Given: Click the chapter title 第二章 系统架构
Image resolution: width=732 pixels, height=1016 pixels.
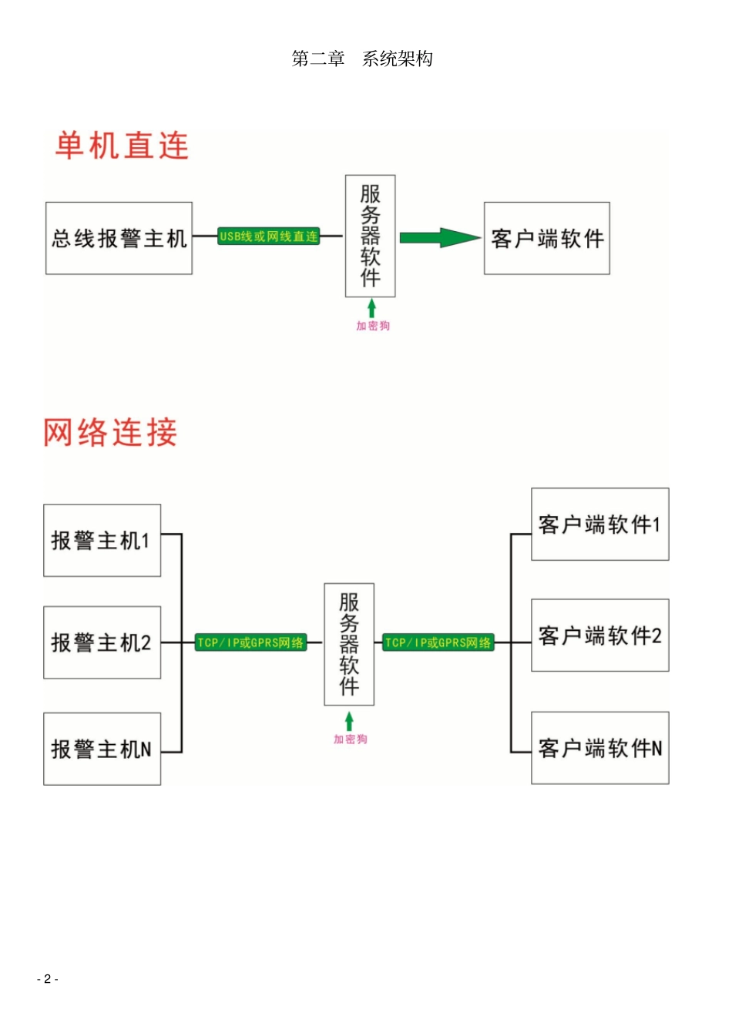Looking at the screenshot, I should click(x=362, y=59).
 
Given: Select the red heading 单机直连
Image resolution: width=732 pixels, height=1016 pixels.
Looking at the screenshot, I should click(x=122, y=146).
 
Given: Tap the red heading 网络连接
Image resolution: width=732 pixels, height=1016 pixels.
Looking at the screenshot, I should click(x=110, y=432).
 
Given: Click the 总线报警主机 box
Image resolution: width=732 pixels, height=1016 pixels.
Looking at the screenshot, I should click(x=119, y=238).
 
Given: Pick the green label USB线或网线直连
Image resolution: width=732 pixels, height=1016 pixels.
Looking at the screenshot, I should click(x=268, y=236).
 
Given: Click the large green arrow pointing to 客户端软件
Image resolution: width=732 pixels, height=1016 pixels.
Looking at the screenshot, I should click(x=439, y=237).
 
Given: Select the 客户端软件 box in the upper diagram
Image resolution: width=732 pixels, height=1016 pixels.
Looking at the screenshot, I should click(x=546, y=238).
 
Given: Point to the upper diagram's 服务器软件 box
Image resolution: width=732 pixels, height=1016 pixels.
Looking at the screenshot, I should click(x=370, y=236).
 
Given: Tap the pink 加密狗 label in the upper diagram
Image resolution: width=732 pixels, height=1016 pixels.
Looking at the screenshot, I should click(x=373, y=326).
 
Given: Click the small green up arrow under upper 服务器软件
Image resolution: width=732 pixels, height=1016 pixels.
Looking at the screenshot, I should click(x=371, y=308).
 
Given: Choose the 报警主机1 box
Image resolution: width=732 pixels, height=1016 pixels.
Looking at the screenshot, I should click(x=102, y=540).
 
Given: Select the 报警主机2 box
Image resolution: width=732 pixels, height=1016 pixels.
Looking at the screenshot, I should click(x=102, y=642).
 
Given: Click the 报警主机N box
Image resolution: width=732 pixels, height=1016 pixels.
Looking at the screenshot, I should click(x=102, y=749).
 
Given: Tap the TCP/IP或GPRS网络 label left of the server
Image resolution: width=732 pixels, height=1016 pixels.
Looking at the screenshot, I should click(x=250, y=642).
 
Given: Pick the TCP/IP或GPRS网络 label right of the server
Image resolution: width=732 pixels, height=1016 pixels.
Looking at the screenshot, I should click(x=438, y=642).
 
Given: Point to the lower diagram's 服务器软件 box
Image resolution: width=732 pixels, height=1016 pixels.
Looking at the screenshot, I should click(x=349, y=644).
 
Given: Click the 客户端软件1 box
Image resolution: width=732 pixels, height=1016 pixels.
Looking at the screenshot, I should click(x=599, y=524).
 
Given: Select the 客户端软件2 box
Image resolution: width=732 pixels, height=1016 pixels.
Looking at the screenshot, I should click(x=599, y=635).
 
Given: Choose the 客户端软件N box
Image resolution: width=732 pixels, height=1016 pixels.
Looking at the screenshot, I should click(x=599, y=748).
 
